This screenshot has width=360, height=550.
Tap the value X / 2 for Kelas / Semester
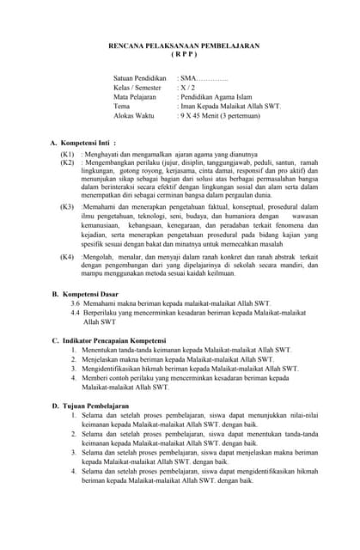click(186, 88)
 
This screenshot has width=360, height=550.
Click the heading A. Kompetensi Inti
click(83, 143)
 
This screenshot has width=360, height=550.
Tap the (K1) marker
click(67, 153)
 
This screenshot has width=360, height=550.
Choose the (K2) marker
click(67, 162)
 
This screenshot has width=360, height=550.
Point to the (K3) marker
click(67, 208)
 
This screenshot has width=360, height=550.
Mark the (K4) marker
click(67, 257)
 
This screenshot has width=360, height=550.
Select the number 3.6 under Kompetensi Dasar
click(76, 304)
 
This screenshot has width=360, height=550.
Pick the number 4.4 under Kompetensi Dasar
click(76, 314)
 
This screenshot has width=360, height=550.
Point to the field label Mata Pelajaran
click(137, 97)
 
